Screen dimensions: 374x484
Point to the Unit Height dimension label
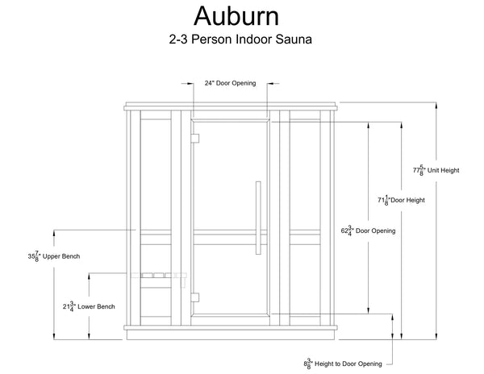tap(436, 171)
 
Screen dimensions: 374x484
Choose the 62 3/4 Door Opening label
tap(369, 230)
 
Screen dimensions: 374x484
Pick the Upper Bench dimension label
tap(57, 257)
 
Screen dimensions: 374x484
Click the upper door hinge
tap(194, 139)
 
